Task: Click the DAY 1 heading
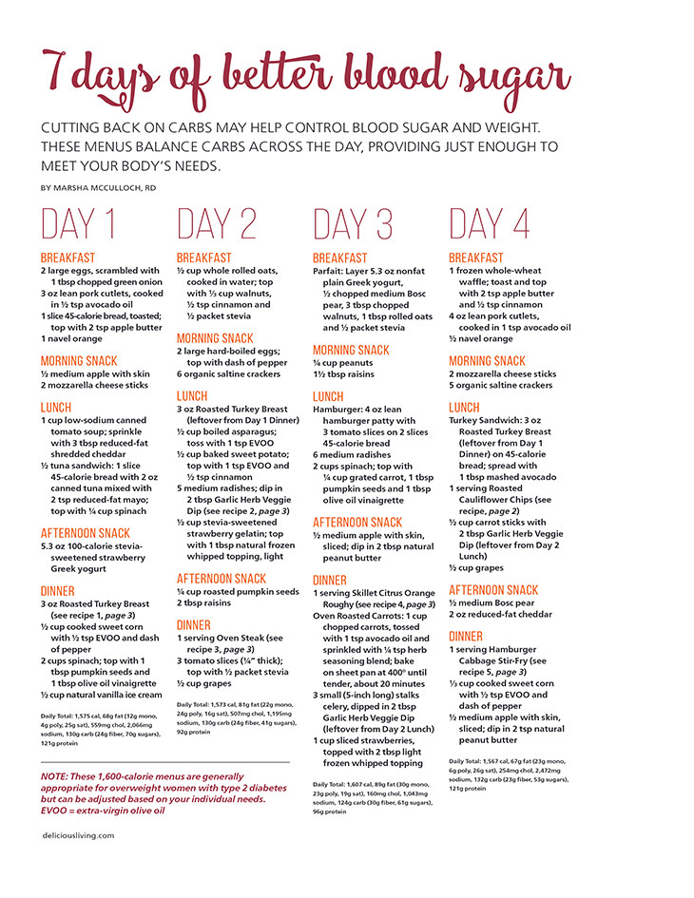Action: tap(78, 223)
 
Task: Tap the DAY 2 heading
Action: tap(216, 223)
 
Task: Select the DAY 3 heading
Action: tap(353, 223)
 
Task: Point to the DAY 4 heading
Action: tap(490, 223)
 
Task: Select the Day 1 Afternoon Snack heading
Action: tap(86, 533)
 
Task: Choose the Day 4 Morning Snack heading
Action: tap(487, 361)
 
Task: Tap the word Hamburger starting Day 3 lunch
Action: tap(339, 411)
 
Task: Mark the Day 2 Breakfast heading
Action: tap(204, 258)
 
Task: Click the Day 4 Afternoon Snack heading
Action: tap(493, 590)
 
